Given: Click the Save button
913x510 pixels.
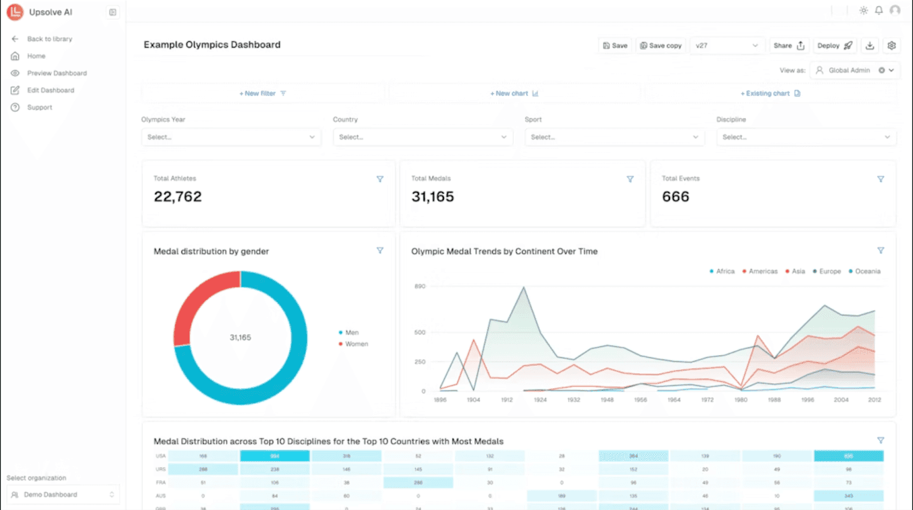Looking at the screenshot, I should coord(615,46).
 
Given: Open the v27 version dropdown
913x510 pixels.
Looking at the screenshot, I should coord(726,46).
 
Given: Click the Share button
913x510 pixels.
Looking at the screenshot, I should coord(789,46).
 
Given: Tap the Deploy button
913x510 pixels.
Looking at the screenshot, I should coord(834,46).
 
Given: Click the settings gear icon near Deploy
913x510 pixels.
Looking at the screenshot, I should coord(891,46).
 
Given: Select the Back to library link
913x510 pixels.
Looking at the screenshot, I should coord(49,39).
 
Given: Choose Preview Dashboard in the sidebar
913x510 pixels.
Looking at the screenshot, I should coord(56,73).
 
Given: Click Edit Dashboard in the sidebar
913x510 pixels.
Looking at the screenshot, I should coord(50,90).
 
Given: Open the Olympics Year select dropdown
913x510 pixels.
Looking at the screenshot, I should coord(231,137).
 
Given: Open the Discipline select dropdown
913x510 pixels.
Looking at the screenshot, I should coord(806,137).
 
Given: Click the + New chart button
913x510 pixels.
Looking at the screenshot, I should coord(514,94).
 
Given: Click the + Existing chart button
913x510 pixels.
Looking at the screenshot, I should coord(770,94).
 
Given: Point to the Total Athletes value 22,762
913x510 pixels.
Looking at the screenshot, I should coord(177,196).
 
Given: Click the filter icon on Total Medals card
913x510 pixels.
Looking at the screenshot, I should coord(630,179).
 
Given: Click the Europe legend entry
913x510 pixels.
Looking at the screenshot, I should coord(829,271).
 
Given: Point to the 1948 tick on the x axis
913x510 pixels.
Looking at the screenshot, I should coord(607,400).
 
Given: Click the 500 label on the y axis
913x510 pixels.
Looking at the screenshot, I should coord(420,332).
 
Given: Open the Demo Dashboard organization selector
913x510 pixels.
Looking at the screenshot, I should coord(63,495).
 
